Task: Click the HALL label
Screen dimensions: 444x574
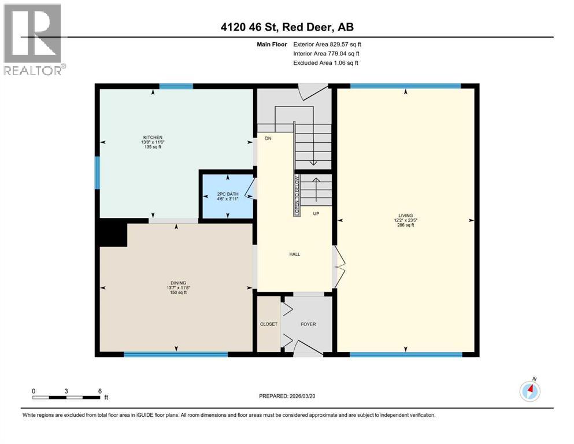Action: coord(295,254)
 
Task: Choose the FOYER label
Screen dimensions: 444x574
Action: coord(308,324)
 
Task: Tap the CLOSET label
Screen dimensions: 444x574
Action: coord(269,324)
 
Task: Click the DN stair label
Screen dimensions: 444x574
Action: coord(268,139)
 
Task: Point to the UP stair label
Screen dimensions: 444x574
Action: coord(316,213)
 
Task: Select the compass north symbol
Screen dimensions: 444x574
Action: coord(529,391)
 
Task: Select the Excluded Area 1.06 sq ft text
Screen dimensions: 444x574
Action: coord(325,62)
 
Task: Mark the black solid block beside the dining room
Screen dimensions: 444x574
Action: coord(112,234)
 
